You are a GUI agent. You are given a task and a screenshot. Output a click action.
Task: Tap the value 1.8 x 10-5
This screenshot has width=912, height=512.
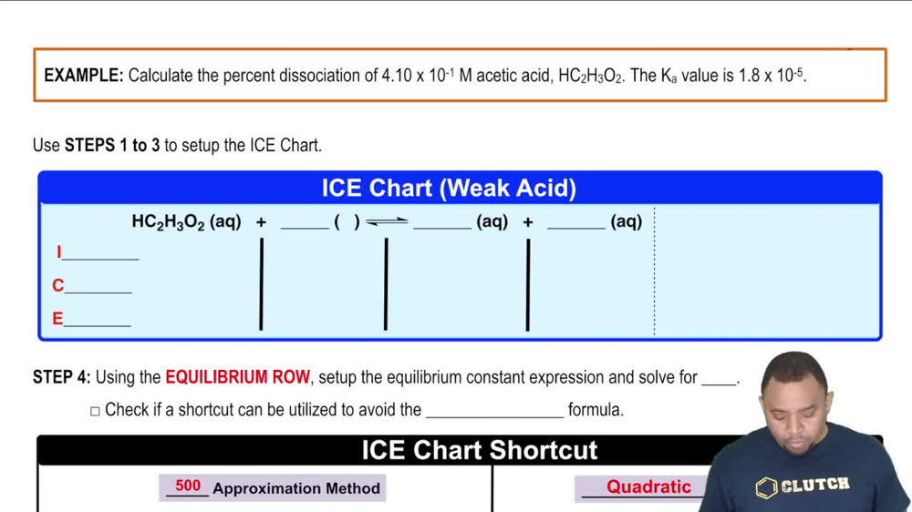772,76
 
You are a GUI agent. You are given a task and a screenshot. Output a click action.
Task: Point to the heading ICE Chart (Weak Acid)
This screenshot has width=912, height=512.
449,189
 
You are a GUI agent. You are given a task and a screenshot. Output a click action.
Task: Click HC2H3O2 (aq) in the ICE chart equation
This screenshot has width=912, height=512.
186,221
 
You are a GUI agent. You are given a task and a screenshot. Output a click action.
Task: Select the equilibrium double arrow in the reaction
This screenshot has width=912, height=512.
387,222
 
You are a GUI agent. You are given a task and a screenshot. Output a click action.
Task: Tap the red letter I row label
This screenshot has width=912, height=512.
59,252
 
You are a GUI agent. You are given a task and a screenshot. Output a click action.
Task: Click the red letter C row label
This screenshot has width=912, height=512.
58,286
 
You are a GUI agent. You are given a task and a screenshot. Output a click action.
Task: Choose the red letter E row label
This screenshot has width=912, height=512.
58,319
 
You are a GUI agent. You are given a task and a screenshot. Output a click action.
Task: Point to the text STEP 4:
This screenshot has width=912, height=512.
62,377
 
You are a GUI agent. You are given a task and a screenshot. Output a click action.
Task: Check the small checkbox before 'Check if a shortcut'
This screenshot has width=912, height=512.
95,411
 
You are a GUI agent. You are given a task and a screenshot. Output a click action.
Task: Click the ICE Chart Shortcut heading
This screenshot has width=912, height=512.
480,450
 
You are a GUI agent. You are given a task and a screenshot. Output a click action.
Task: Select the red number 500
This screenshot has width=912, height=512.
188,486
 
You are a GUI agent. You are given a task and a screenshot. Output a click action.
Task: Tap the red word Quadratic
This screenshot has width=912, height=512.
648,487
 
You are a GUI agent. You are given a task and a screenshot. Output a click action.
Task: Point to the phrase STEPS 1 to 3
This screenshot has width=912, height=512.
112,146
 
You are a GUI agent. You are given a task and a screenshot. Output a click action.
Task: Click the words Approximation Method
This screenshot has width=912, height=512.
296,489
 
